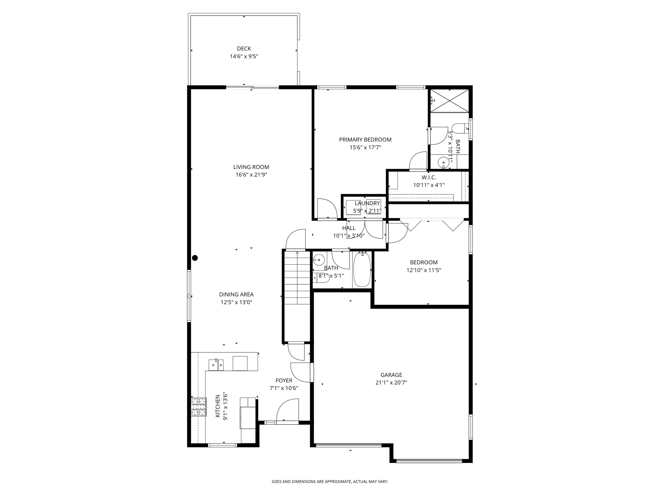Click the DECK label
pyautogui.click(x=244, y=49)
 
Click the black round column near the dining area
pyautogui.click(x=195, y=258)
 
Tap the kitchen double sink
pyautogui.click(x=216, y=364)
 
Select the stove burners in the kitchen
pyautogui.click(x=199, y=407)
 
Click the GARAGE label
pyautogui.click(x=391, y=375)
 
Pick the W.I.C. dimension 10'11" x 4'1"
pyautogui.click(x=429, y=185)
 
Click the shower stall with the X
pyautogui.click(x=449, y=101)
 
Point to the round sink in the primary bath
pyautogui.click(x=443, y=163)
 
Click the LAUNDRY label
pyautogui.click(x=367, y=203)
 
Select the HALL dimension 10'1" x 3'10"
pyautogui.click(x=348, y=236)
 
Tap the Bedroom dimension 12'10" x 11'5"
pyautogui.click(x=424, y=270)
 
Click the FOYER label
pyautogui.click(x=284, y=380)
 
